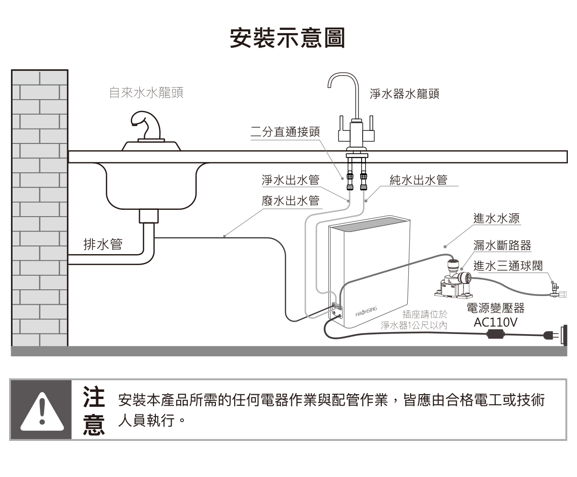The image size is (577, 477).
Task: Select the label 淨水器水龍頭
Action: click(404, 94)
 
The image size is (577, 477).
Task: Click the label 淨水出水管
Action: click(290, 180)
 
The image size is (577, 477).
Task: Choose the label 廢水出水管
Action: click(290, 201)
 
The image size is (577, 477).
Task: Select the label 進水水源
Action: click(495, 219)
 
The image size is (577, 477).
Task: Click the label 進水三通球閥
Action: click(508, 266)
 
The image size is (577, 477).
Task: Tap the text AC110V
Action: click(495, 322)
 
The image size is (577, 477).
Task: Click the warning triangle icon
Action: click(41, 410)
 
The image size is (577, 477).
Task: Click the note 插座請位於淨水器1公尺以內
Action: click(414, 320)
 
